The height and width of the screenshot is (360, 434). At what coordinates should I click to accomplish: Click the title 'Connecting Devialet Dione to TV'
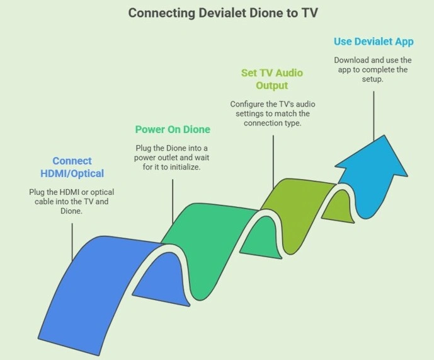click(217, 13)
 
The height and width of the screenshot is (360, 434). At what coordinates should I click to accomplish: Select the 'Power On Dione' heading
click(173, 130)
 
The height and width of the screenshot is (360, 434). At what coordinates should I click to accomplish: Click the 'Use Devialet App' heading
click(374, 42)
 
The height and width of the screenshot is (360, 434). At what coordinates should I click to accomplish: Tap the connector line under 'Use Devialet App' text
click(374, 113)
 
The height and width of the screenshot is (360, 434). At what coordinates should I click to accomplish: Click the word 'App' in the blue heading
click(403, 42)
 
